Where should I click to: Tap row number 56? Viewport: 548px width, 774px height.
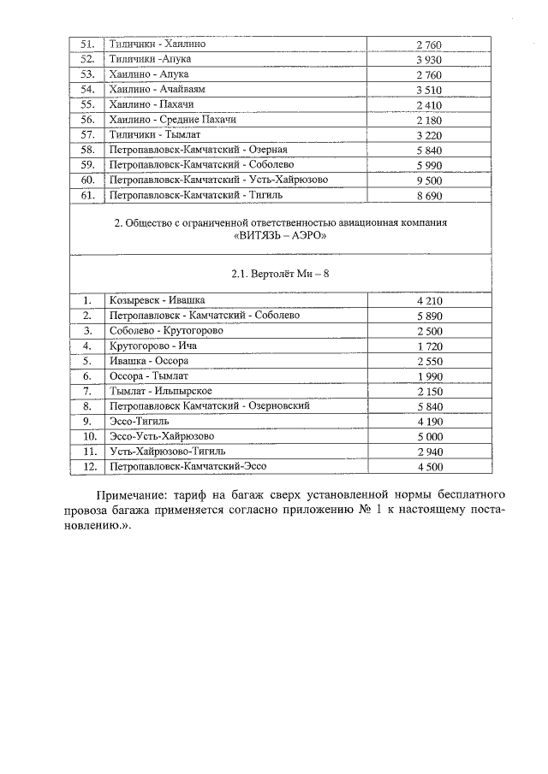[x=86, y=120]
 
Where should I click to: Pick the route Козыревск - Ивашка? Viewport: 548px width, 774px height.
[x=151, y=300]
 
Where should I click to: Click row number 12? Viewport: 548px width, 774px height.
[x=86, y=467]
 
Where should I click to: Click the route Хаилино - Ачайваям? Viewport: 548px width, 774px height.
[x=158, y=89]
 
